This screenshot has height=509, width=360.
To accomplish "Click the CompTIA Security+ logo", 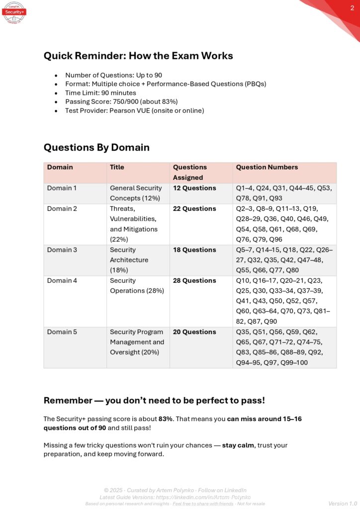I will (13, 12).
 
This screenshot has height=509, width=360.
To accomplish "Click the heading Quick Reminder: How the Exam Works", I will (138, 56).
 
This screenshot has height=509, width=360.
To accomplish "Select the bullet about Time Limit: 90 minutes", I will (100, 92).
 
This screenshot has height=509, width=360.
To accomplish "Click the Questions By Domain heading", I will (96, 147).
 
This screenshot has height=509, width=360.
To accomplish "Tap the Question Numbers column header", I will (267, 168).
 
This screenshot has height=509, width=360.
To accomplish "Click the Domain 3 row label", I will (62, 250).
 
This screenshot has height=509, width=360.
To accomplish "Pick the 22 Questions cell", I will (194, 209).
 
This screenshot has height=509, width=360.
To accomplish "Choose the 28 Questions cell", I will (194, 281).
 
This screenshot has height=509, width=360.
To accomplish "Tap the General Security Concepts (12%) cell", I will (136, 193).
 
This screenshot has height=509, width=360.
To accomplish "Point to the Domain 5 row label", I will (62, 332).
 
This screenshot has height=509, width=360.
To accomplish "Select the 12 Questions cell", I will (194, 188).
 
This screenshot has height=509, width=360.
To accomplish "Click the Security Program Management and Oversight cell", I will (137, 342).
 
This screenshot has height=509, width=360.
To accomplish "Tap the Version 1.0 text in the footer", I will (343, 504).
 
